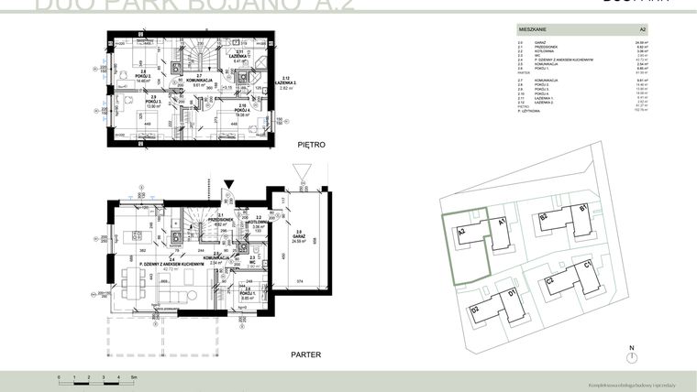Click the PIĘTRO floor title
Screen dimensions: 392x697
pos(312,146)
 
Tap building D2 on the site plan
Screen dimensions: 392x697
pos(476,310)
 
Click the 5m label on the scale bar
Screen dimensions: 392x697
pos(134,377)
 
